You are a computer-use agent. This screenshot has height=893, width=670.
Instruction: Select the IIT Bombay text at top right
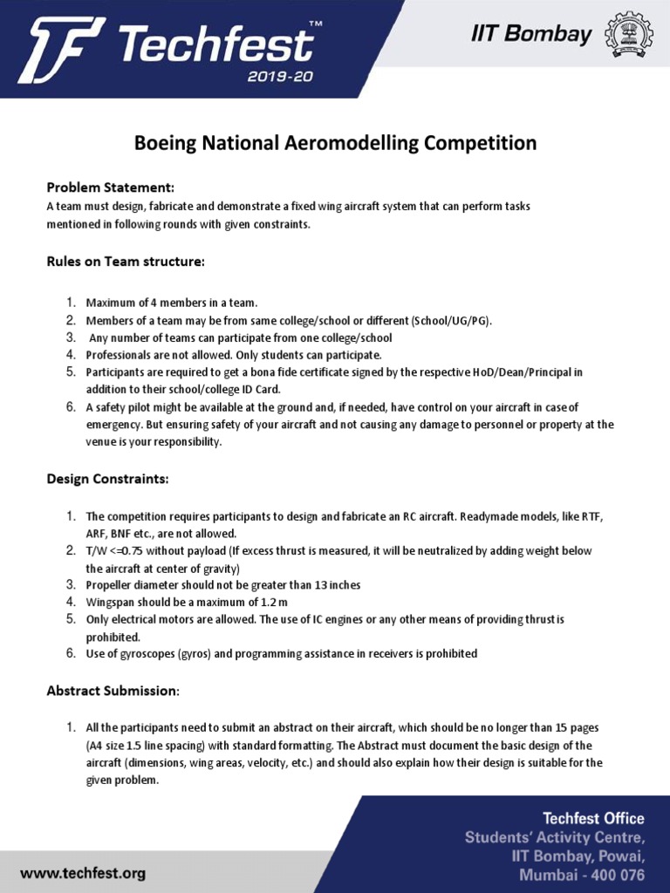click(531, 34)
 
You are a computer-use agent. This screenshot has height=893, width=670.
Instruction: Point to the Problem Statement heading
click(110, 187)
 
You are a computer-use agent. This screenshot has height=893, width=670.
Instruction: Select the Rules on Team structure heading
click(126, 261)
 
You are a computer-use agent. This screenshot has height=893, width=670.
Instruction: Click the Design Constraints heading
click(107, 479)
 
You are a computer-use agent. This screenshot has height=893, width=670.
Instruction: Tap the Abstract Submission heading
click(113, 691)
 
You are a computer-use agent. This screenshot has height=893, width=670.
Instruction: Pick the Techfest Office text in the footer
click(593, 818)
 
